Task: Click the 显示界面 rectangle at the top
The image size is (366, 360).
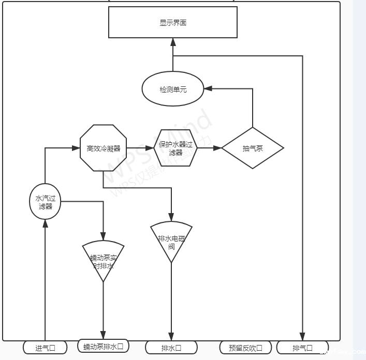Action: click(172, 22)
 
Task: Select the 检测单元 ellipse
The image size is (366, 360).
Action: click(172, 89)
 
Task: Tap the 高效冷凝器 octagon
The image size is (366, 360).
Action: click(104, 148)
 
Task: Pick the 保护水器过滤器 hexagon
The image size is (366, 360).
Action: click(175, 148)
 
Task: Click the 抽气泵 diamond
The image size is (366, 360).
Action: click(253, 148)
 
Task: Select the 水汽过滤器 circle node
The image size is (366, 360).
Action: click(45, 201)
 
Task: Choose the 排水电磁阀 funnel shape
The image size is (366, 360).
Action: click(171, 241)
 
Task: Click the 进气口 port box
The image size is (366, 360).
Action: click(45, 348)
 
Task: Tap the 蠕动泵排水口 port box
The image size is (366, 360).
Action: click(103, 346)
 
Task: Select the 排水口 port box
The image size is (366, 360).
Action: click(171, 348)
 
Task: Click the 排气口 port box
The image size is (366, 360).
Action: click(302, 348)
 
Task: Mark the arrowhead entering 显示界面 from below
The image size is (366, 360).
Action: click(172, 42)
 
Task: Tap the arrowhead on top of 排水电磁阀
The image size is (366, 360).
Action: click(171, 218)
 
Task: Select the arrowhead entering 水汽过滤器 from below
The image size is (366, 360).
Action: click(45, 223)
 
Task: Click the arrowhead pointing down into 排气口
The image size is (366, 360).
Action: click(302, 337)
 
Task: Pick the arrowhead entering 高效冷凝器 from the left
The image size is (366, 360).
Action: click(76, 148)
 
